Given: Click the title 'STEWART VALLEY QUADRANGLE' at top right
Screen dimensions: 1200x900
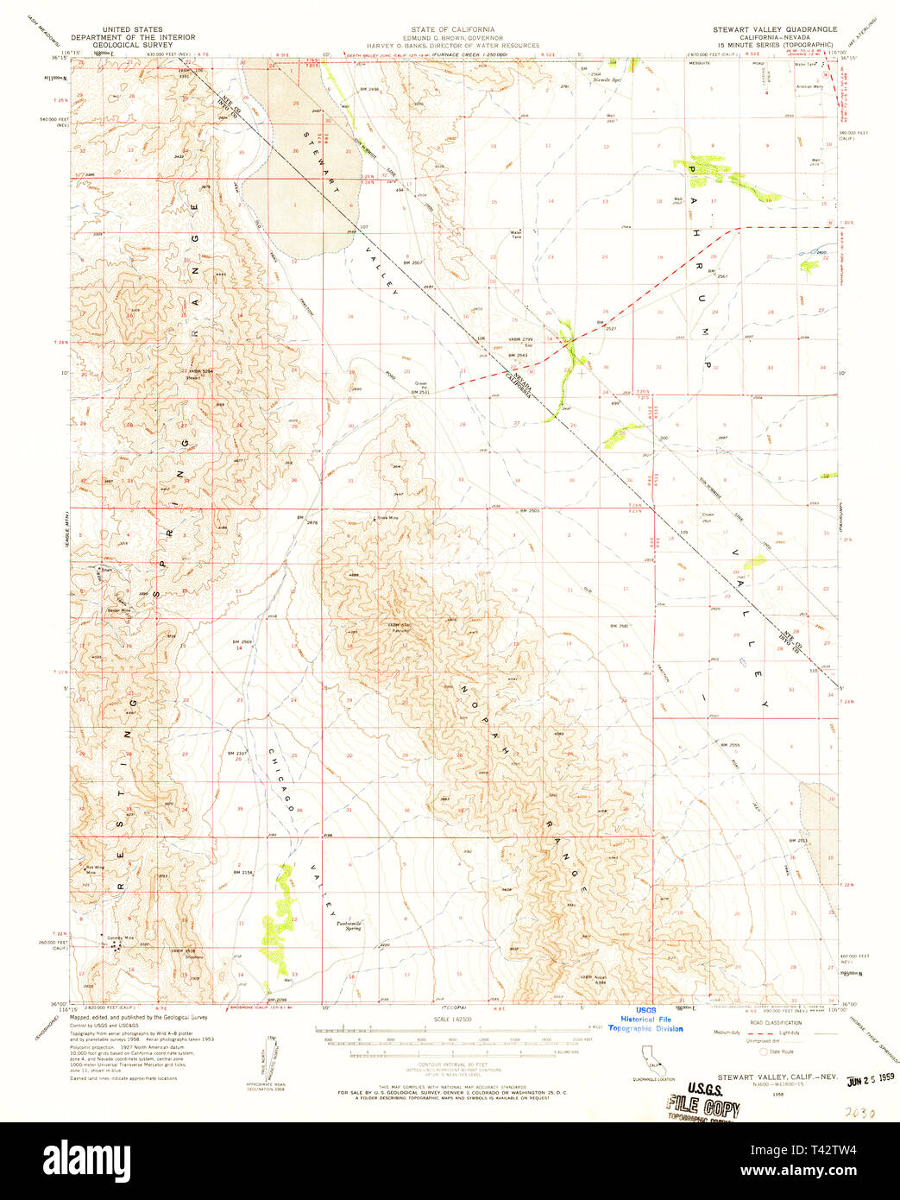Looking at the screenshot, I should [x=774, y=29].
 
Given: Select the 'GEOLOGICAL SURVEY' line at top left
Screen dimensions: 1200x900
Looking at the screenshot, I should [x=132, y=45].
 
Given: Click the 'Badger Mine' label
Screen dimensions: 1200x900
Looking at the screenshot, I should [x=119, y=610].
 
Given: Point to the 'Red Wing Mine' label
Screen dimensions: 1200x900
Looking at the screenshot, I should [x=93, y=869].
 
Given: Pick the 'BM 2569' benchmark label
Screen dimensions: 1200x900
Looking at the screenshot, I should [x=242, y=642].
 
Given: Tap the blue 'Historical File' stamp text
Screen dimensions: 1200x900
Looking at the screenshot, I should [x=645, y=1020].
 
